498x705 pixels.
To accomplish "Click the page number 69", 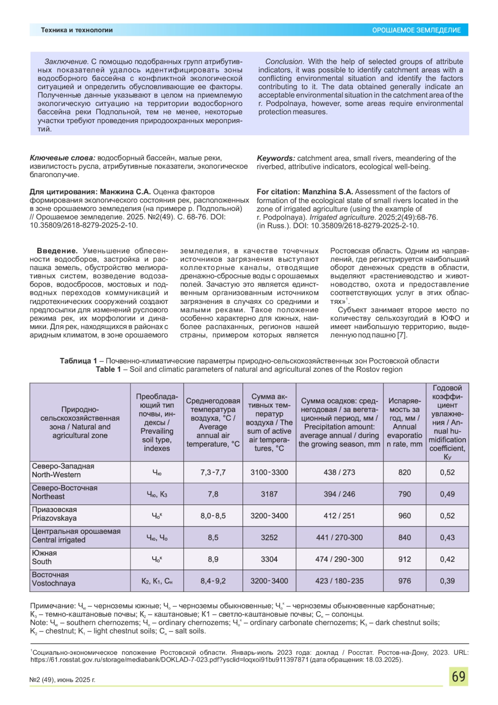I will (x=458, y=677).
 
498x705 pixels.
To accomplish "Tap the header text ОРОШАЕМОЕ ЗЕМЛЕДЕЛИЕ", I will (x=416, y=30).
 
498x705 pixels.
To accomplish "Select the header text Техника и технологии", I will (x=77, y=30).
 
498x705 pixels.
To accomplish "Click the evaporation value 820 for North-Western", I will (x=404, y=472).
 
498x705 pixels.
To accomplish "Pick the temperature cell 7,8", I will (x=213, y=494).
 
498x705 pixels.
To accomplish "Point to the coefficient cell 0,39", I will (x=447, y=581).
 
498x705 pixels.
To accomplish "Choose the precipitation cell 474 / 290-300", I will (x=339, y=559).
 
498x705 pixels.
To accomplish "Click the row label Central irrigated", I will (x=59, y=540).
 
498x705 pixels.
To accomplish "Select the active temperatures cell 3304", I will (x=269, y=559).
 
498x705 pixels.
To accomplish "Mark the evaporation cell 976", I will (x=404, y=581).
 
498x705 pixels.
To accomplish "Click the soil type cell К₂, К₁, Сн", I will (x=157, y=581).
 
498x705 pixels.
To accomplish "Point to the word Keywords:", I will (x=276, y=158).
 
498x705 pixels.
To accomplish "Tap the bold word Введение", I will (x=57, y=251).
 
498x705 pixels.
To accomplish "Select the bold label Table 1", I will (x=108, y=369).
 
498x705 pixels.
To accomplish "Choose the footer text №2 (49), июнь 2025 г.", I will (x=62, y=680).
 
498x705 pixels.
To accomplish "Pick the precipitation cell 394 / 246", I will (x=339, y=494).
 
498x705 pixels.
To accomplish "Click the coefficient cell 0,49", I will (x=447, y=494).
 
